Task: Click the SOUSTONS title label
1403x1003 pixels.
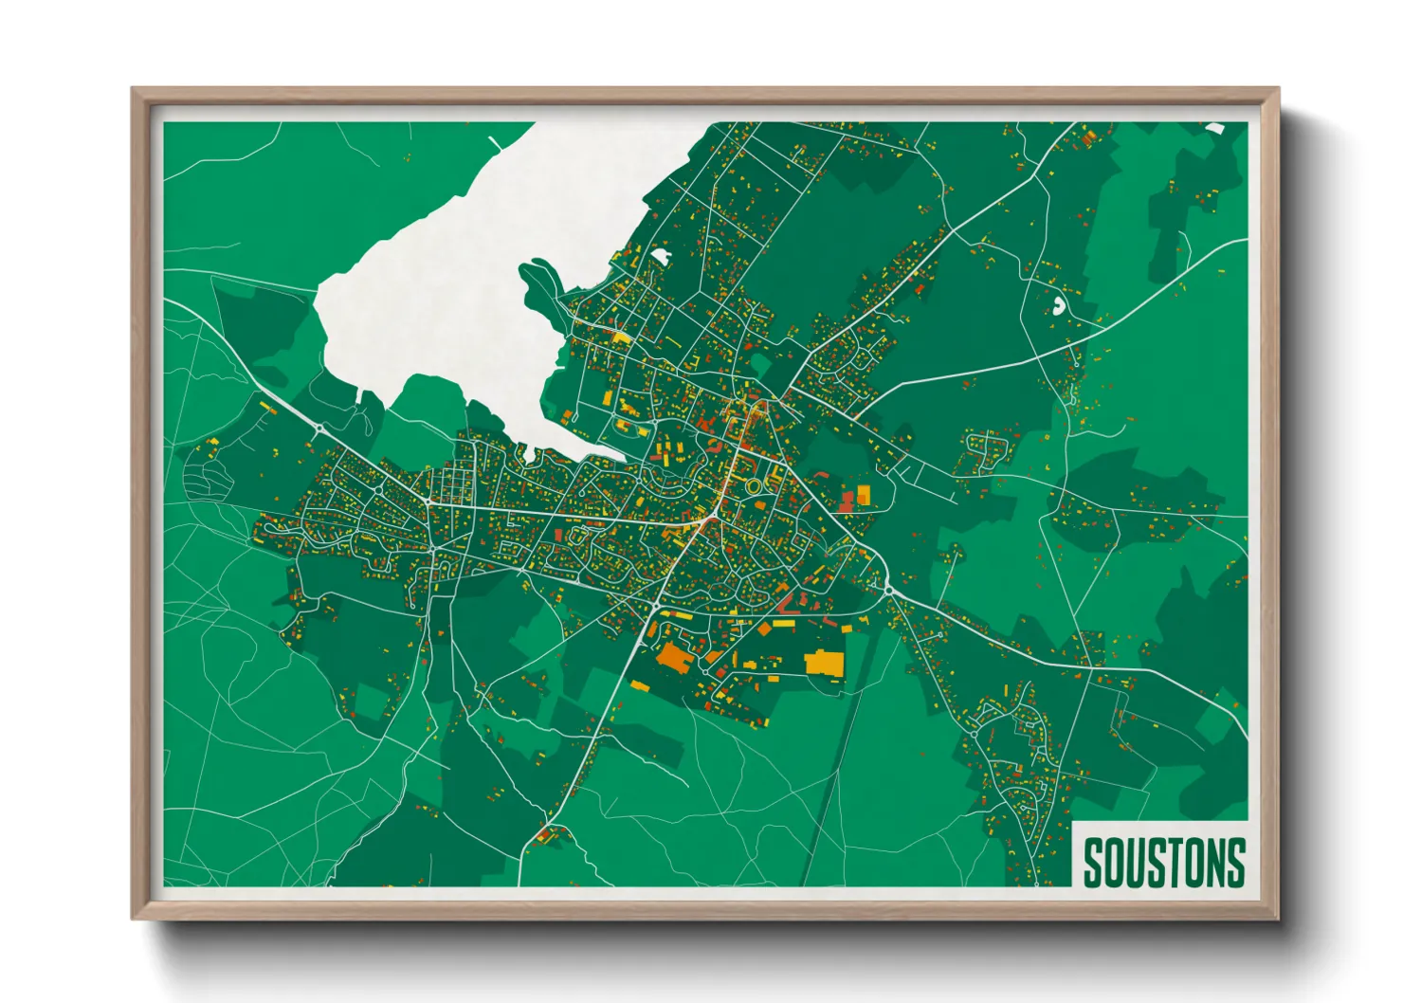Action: (x=1163, y=861)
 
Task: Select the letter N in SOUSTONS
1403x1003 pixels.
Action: (x=1214, y=862)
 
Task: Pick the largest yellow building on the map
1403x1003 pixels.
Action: (x=823, y=662)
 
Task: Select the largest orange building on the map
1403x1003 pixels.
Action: (x=674, y=656)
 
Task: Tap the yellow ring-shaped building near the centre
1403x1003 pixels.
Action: (x=754, y=486)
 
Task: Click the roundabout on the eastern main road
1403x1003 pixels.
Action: (x=890, y=590)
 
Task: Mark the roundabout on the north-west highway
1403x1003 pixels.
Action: (x=319, y=429)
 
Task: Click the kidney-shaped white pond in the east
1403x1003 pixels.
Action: (x=1058, y=306)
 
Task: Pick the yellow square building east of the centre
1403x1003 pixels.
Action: (x=863, y=494)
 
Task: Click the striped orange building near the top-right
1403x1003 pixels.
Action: (x=1087, y=138)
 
